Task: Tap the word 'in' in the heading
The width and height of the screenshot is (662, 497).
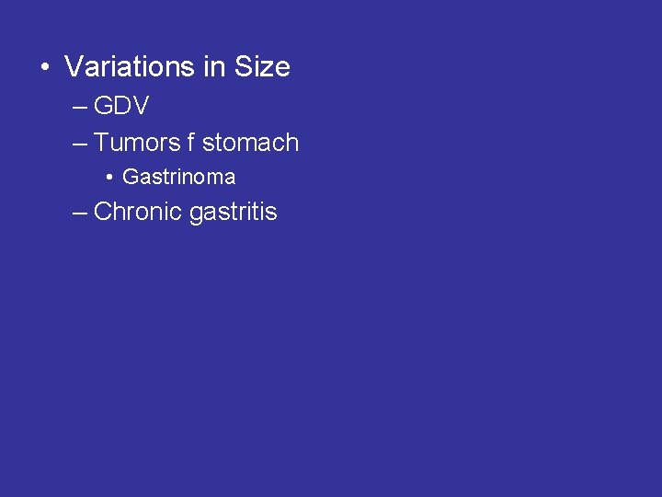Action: (215, 67)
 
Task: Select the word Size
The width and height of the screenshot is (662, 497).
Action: (262, 67)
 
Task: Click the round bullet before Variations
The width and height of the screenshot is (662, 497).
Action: (43, 68)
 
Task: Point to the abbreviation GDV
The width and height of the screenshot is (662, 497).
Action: (121, 107)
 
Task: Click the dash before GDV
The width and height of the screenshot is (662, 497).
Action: (79, 108)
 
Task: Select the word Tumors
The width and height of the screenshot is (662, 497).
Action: (137, 143)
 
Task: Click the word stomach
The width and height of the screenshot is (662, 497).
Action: (250, 143)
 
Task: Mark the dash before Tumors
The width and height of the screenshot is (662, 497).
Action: (79, 144)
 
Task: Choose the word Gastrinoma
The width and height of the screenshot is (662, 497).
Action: (178, 177)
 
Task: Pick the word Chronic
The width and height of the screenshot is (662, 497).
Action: (138, 212)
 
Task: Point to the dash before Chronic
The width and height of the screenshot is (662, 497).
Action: (79, 213)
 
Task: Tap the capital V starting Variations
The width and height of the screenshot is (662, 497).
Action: (74, 67)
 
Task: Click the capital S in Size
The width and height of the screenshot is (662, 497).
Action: (244, 67)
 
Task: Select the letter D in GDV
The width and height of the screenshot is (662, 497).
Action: (122, 107)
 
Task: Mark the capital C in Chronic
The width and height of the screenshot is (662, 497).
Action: (103, 212)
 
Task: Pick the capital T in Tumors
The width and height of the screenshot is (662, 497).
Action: (101, 143)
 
